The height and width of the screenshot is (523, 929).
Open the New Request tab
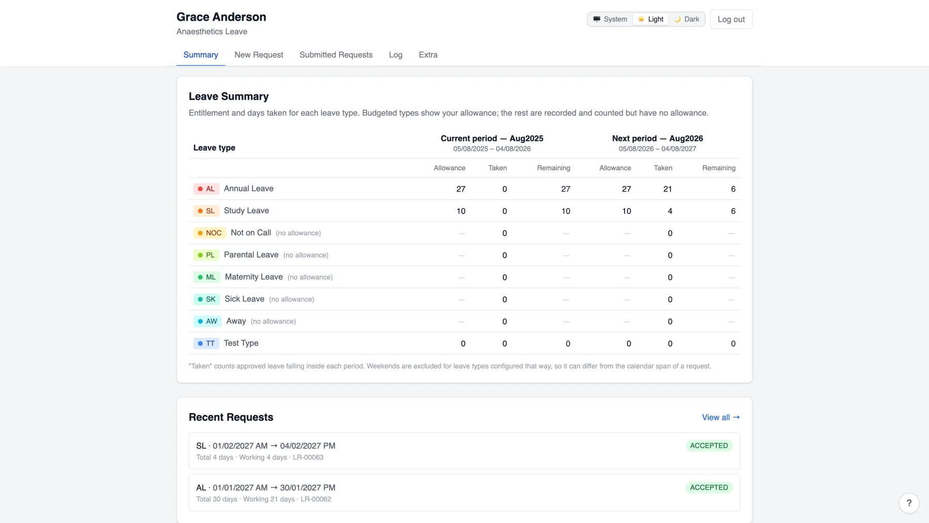[259, 55]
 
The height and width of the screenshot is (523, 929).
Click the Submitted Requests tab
[336, 55]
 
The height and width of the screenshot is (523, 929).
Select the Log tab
[395, 55]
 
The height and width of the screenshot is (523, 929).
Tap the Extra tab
[428, 55]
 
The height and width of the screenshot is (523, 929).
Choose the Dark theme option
[686, 19]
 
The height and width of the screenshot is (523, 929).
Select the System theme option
[610, 19]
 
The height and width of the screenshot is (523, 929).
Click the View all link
[720, 417]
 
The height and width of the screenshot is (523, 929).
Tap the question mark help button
[909, 503]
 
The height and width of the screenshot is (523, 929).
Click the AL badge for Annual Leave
[206, 189]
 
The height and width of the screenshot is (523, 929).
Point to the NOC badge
[210, 233]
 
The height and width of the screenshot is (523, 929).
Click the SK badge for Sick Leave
[207, 299]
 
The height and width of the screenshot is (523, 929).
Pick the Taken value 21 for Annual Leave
[667, 189]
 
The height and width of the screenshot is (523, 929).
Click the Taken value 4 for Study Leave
[670, 211]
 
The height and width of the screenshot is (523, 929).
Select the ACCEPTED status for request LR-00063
[709, 446]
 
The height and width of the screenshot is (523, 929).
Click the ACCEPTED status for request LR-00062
[709, 487]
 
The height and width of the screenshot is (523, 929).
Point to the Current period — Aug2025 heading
[492, 138]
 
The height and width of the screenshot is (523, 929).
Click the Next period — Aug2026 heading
[658, 138]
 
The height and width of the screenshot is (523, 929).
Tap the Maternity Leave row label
[253, 277]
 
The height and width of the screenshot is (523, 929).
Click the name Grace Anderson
[221, 17]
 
